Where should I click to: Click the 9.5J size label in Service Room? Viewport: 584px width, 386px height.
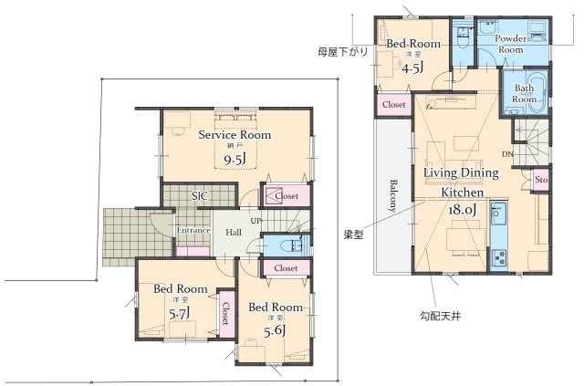click(235, 161)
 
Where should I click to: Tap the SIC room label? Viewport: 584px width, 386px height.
click(198, 195)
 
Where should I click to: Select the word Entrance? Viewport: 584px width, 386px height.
click(193, 230)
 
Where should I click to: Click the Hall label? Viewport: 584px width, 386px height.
click(234, 232)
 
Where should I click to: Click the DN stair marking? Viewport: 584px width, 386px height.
click(506, 154)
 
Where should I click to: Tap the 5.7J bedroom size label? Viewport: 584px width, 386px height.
click(179, 313)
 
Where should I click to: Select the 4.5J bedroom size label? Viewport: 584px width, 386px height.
click(412, 67)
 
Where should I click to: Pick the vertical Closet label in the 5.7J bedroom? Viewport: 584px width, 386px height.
click(224, 315)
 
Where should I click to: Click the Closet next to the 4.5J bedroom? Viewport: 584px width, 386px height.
click(394, 105)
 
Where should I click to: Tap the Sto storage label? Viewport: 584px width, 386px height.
click(540, 180)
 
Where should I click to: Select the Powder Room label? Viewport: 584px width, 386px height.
click(511, 45)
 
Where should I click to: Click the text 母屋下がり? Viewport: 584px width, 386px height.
click(343, 52)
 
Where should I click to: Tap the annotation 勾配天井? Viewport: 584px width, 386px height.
click(428, 316)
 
